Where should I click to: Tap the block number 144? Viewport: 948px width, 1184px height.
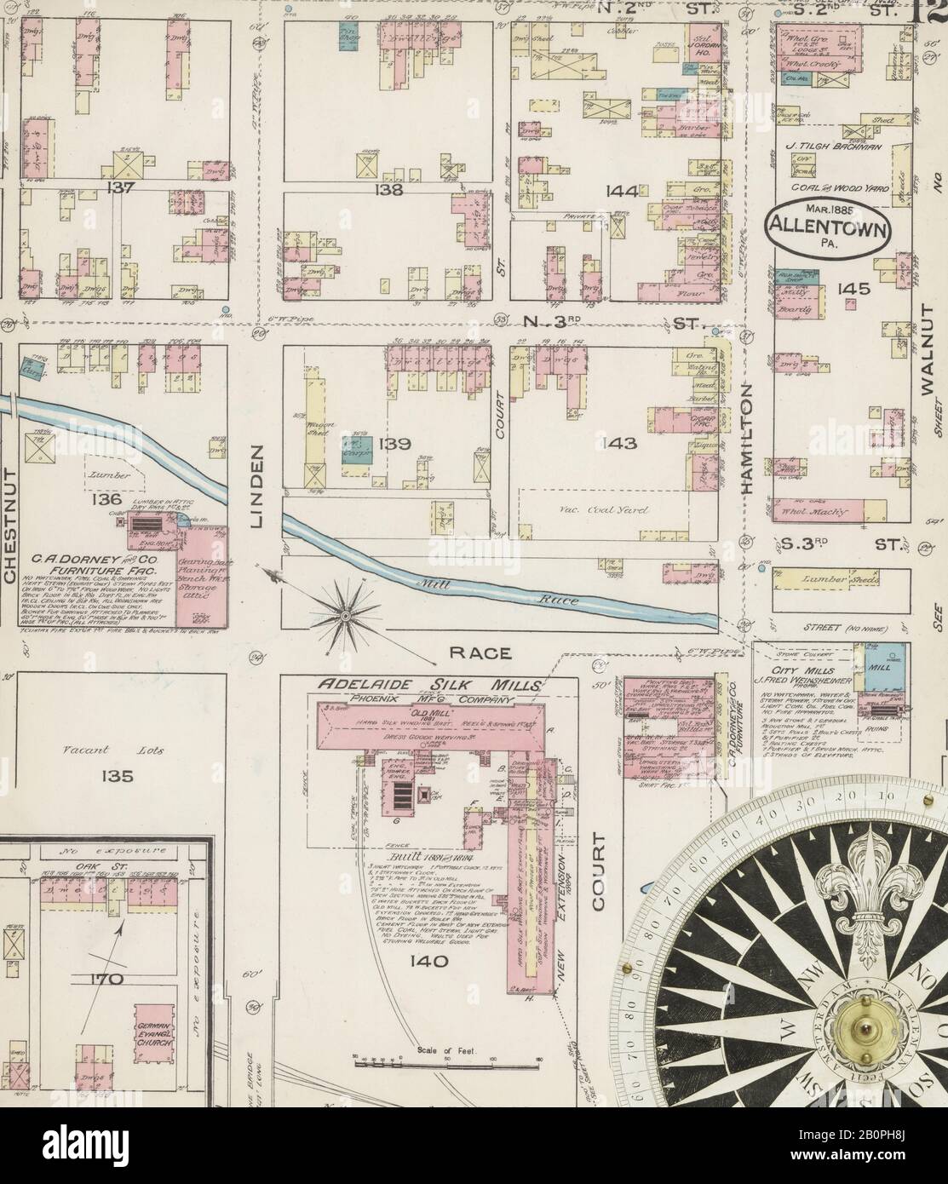click(x=622, y=192)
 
